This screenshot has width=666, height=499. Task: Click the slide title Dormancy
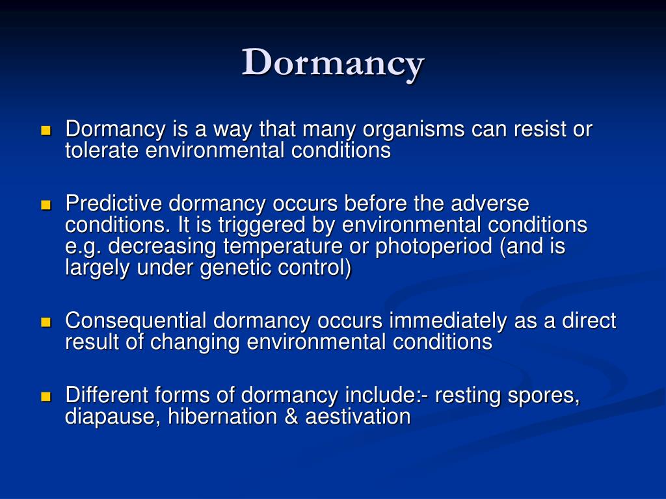click(333, 63)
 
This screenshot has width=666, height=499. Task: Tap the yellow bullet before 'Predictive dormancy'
click(46, 205)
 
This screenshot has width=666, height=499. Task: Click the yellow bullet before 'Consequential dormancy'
click(46, 322)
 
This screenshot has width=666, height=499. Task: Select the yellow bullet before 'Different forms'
click(46, 396)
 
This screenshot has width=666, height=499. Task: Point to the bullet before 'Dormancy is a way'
click(46, 131)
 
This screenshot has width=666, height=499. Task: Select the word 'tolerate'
click(102, 151)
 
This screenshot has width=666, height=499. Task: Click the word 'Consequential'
click(136, 321)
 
